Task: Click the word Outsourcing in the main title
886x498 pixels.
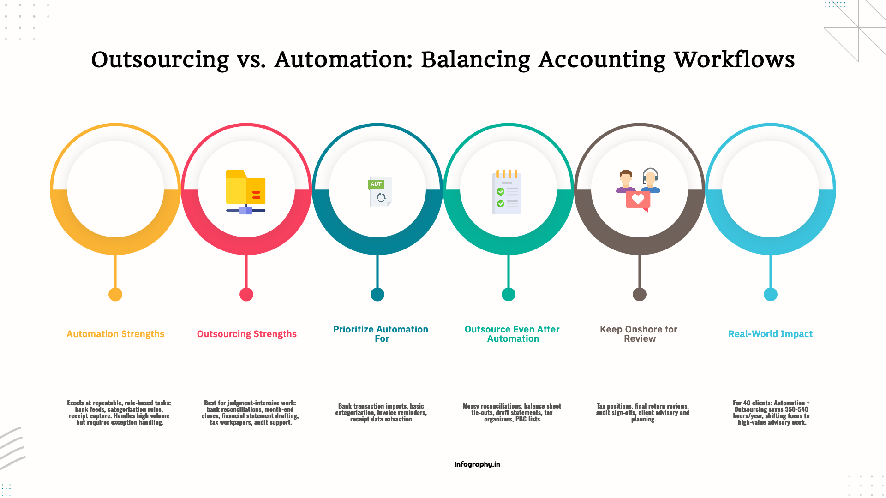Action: click(x=160, y=60)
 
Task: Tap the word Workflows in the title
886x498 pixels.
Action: click(x=734, y=60)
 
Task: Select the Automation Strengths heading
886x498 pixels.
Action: click(x=115, y=334)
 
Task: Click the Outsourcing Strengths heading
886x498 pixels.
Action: click(x=246, y=334)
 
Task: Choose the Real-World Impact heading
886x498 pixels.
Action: click(x=770, y=334)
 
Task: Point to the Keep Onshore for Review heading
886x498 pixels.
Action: click(x=639, y=334)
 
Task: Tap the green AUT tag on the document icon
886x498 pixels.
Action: click(x=376, y=184)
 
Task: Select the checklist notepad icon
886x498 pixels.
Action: click(x=507, y=193)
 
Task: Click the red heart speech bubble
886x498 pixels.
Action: click(x=638, y=200)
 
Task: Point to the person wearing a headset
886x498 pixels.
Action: click(x=650, y=180)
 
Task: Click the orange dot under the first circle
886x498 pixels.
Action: click(x=115, y=294)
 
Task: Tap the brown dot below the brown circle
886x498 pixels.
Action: click(x=639, y=294)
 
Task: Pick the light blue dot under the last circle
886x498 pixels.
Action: click(x=770, y=294)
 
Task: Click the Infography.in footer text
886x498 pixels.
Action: click(x=477, y=464)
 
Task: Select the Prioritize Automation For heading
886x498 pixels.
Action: click(x=381, y=334)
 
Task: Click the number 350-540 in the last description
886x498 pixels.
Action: click(x=796, y=409)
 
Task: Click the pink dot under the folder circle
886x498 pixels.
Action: click(x=246, y=294)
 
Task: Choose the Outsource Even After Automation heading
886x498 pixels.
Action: click(x=512, y=334)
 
